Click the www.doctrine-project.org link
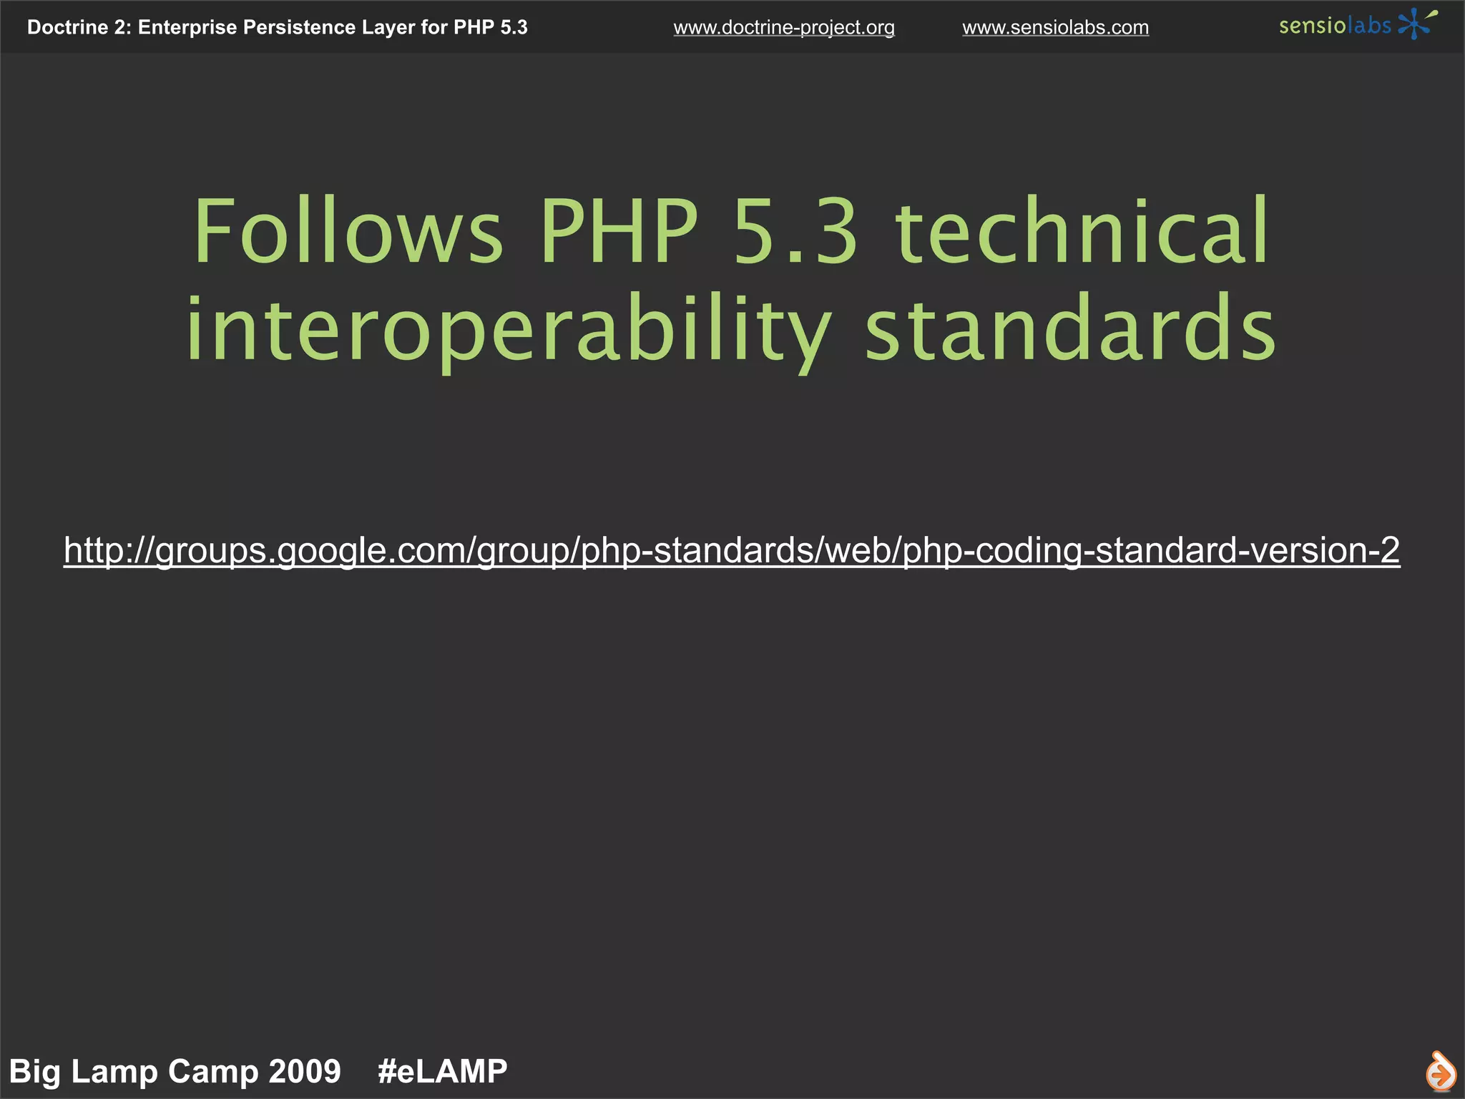pos(784,28)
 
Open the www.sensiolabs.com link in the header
pos(1055,28)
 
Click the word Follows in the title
pos(348,233)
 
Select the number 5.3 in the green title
pos(795,233)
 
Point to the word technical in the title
pos(1082,233)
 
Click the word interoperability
pos(508,331)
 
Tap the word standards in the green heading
pos(1071,331)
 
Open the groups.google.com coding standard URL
pos(731,550)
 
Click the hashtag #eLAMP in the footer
pos(442,1071)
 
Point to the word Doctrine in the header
pos(68,28)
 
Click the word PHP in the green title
pos(619,233)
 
